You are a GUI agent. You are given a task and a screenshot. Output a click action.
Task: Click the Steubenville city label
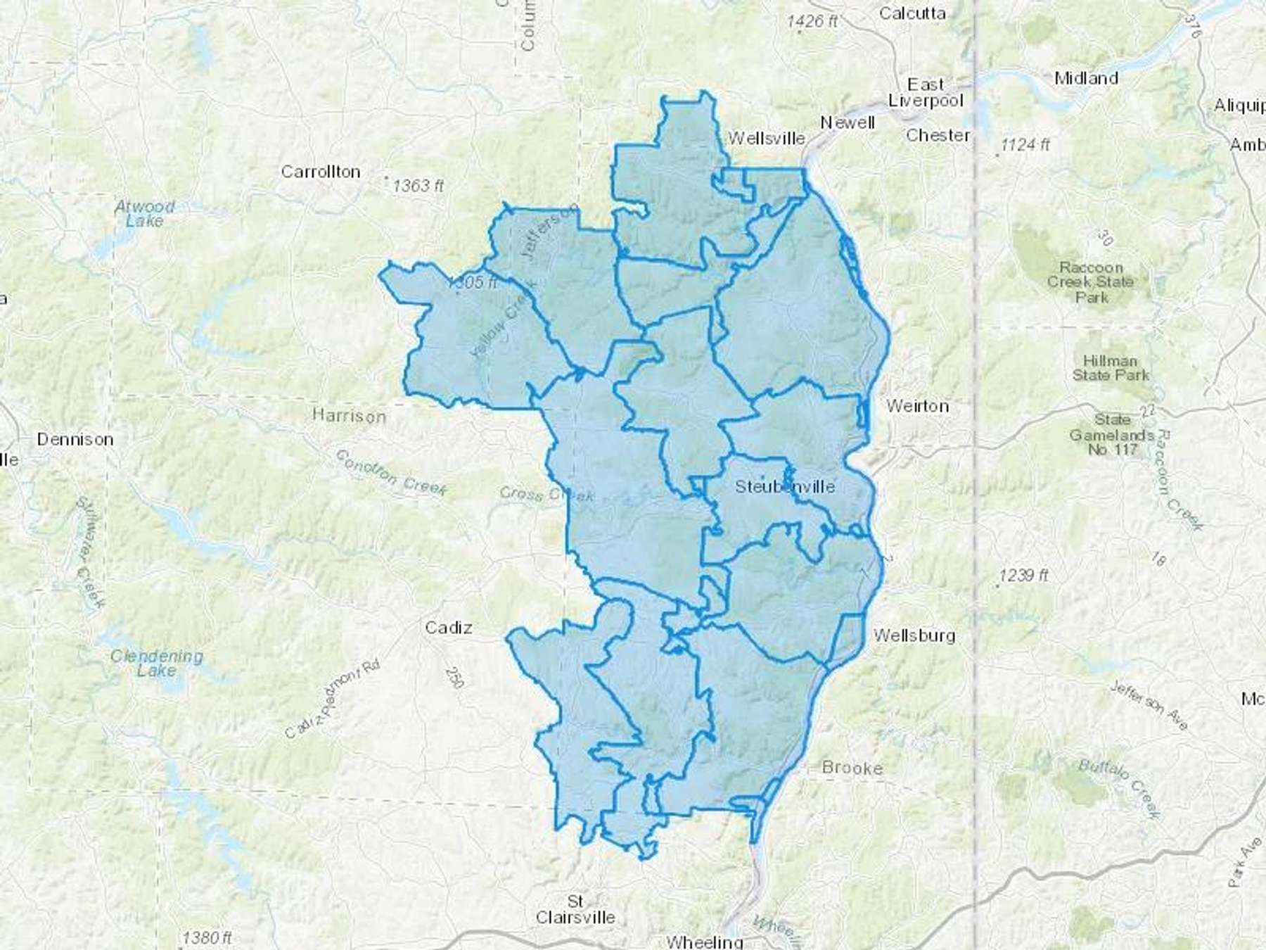[785, 486]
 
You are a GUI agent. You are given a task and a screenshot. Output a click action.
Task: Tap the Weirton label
[917, 406]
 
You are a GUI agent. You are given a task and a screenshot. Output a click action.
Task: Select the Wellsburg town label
[914, 635]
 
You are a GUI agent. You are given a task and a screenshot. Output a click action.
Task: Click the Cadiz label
[448, 627]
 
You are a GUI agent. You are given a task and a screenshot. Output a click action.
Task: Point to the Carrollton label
[321, 172]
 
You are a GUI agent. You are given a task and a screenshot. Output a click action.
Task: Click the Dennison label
[75, 439]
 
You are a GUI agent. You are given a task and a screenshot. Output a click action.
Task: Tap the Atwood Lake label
[144, 213]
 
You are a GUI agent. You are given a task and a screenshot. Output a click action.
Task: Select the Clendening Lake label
[156, 663]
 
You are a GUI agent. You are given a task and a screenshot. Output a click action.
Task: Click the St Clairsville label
[575, 909]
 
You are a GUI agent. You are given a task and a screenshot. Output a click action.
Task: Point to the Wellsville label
[766, 138]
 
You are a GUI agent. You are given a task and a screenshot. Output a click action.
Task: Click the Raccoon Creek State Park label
[1091, 282]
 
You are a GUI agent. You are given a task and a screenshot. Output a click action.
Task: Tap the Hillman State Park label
[1110, 368]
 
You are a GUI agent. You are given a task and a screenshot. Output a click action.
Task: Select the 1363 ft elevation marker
[418, 186]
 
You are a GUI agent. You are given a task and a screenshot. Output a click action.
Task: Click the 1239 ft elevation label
[1023, 576]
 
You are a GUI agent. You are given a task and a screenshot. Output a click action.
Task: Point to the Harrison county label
[349, 416]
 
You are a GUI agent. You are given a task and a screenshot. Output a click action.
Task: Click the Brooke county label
[852, 768]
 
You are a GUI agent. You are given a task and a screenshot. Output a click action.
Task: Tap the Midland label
[1086, 78]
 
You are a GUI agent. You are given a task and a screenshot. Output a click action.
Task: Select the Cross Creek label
[546, 495]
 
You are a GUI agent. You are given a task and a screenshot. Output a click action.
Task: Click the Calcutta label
[912, 13]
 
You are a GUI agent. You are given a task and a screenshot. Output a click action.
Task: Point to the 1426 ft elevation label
[812, 22]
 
